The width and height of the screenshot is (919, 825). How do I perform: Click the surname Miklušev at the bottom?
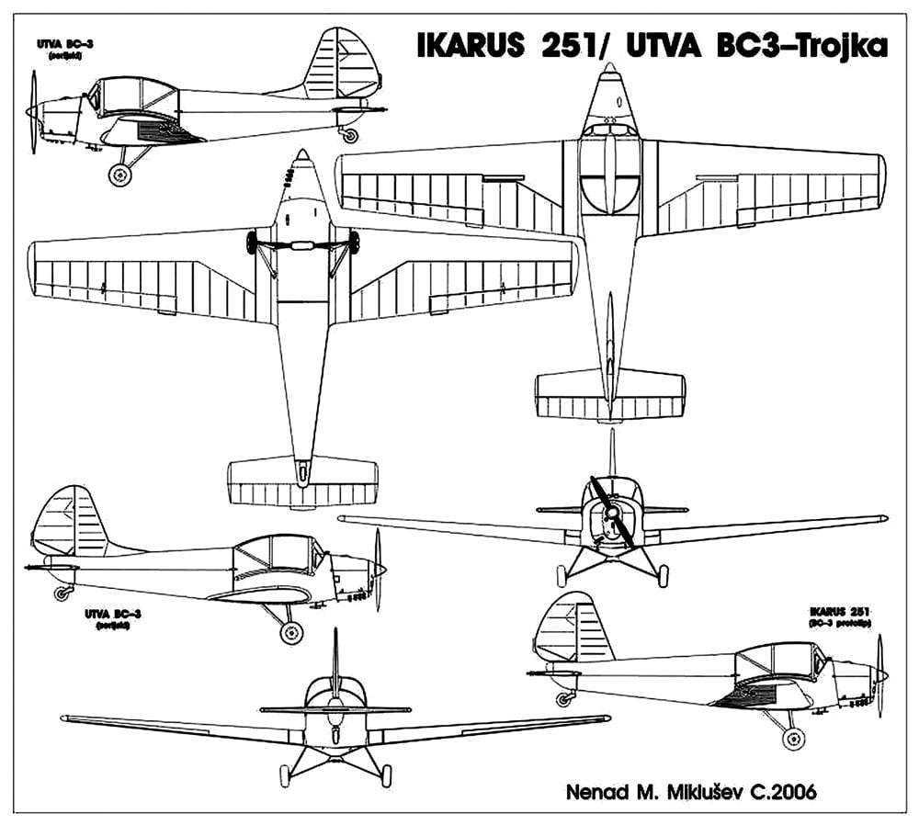pyautogui.click(x=660, y=789)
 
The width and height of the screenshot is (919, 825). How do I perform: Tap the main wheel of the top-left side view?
pyautogui.click(x=119, y=175)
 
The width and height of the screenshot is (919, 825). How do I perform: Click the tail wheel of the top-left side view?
pyautogui.click(x=350, y=135)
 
